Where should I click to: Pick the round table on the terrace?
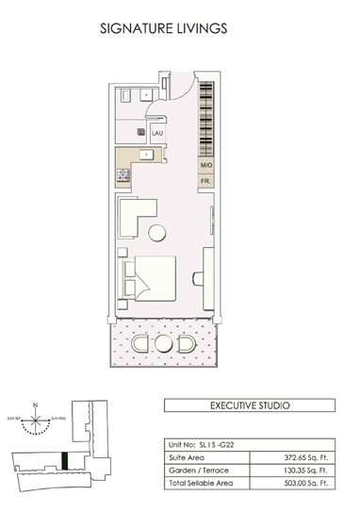point(168,343)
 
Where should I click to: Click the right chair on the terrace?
point(191,344)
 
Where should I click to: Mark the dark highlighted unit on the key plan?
point(64,461)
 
